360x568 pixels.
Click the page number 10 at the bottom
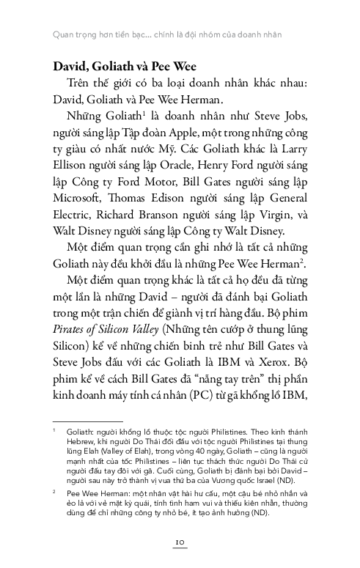[180, 541]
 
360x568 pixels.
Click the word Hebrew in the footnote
[81, 443]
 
